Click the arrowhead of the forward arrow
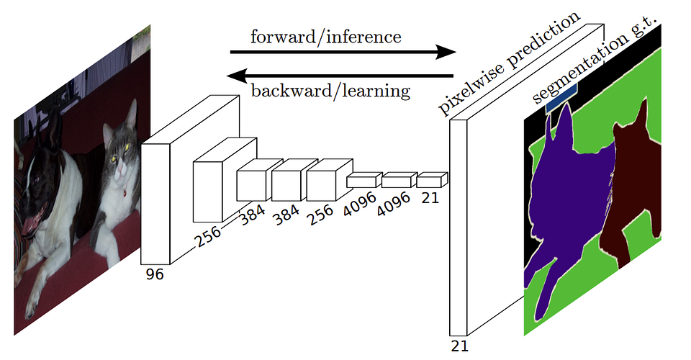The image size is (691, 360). click(x=446, y=52)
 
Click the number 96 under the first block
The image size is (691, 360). click(x=154, y=274)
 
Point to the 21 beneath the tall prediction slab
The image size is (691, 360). click(x=459, y=346)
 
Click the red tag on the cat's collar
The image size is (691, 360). click(x=125, y=193)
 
